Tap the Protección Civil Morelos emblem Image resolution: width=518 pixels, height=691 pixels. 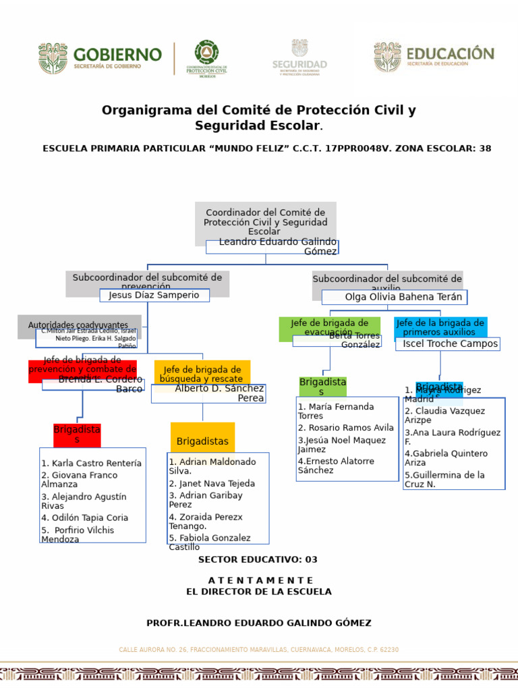[x=206, y=59]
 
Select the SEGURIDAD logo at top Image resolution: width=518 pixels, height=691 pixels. [x=299, y=57]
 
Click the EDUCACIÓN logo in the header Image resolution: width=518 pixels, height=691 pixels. [x=434, y=57]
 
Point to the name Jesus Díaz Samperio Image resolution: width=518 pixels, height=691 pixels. [x=154, y=295]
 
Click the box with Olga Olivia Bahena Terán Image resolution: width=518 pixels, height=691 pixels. [x=395, y=297]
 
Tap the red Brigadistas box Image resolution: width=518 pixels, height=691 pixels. [x=77, y=435]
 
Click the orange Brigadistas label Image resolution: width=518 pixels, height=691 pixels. [x=202, y=441]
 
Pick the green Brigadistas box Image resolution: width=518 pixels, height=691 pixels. [x=322, y=387]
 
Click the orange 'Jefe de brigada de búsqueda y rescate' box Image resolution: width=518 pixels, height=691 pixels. [x=202, y=372]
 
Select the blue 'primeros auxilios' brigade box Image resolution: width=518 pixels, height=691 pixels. [x=440, y=327]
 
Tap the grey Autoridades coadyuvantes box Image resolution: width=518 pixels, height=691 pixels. [x=78, y=325]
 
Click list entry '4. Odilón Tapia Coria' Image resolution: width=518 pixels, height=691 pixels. [x=84, y=518]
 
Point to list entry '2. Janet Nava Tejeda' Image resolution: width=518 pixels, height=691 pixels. [x=212, y=484]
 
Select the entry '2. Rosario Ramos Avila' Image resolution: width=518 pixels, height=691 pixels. [x=345, y=428]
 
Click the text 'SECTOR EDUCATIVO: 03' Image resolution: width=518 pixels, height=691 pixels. [x=258, y=559]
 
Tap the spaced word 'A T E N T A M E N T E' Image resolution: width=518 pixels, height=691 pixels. [x=260, y=580]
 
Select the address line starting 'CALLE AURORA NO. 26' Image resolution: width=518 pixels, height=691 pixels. [x=259, y=650]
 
